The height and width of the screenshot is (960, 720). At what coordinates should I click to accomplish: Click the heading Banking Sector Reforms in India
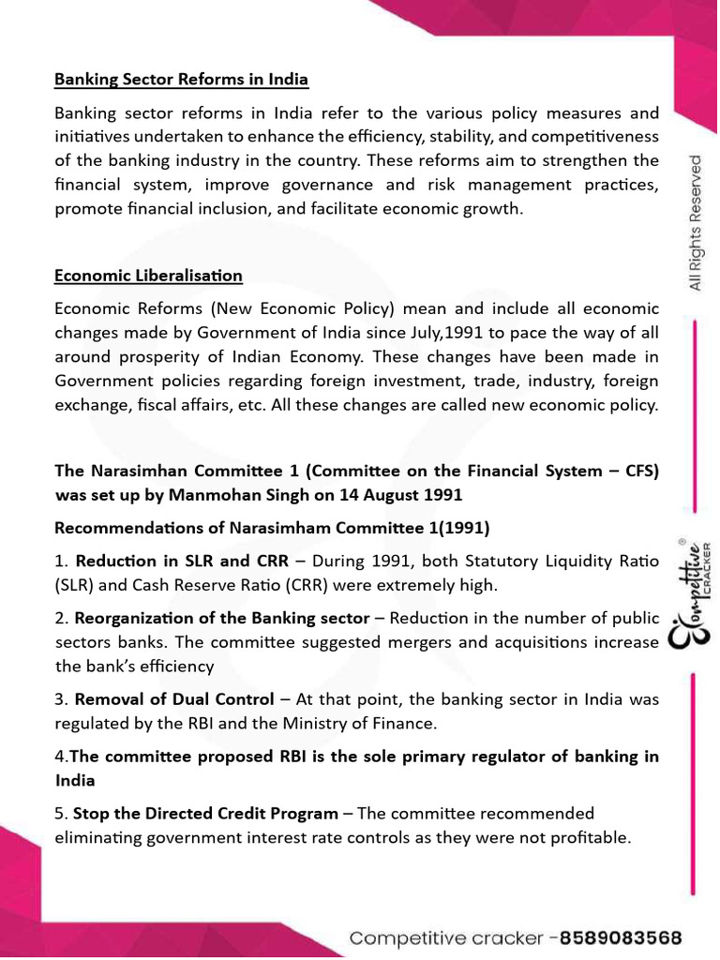[181, 80]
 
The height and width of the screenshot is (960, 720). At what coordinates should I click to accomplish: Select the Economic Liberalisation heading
[148, 276]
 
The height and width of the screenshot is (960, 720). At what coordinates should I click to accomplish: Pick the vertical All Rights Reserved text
[696, 223]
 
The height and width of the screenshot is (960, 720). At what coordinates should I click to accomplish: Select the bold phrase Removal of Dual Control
[174, 699]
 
